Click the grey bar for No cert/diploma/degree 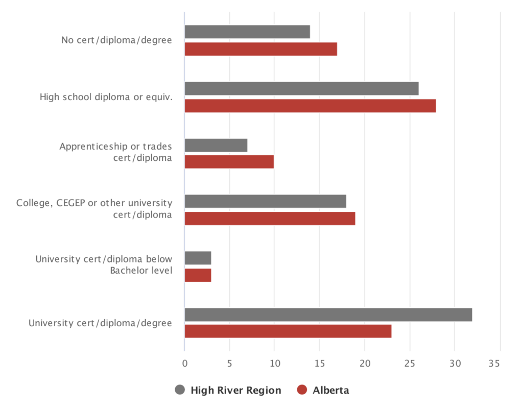pyautogui.click(x=247, y=32)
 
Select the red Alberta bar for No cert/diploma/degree pyautogui.click(x=260, y=49)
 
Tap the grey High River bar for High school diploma pyautogui.click(x=301, y=88)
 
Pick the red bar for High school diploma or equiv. pyautogui.click(x=310, y=106)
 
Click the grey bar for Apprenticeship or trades pyautogui.click(x=216, y=145)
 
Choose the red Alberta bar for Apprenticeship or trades pyautogui.click(x=229, y=162)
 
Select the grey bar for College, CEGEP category pyautogui.click(x=265, y=201)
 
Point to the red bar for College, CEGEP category pyautogui.click(x=270, y=219)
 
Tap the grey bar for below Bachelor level pyautogui.click(x=198, y=258)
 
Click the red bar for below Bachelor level pyautogui.click(x=198, y=275)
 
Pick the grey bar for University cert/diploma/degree pyautogui.click(x=328, y=315)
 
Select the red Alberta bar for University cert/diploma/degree pyautogui.click(x=288, y=331)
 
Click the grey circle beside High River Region pyautogui.click(x=180, y=390)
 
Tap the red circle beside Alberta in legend pyautogui.click(x=302, y=390)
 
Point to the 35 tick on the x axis pyautogui.click(x=494, y=364)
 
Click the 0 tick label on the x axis pyautogui.click(x=184, y=364)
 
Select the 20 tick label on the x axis pyautogui.click(x=365, y=364)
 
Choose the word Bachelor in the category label pyautogui.click(x=128, y=270)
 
